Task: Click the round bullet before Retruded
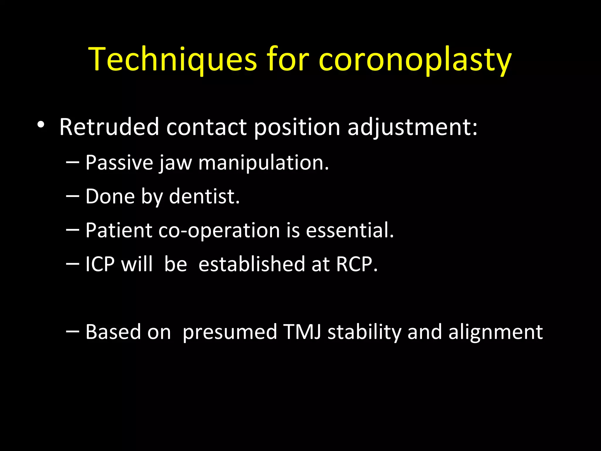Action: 41,125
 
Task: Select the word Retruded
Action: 109,127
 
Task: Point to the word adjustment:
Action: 412,127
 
